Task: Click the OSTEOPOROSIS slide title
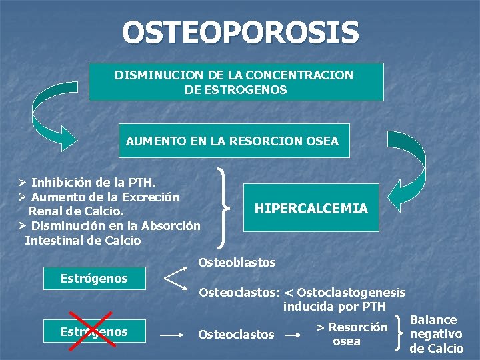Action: click(x=240, y=32)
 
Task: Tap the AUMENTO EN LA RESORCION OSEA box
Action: click(x=233, y=141)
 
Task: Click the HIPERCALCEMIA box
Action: click(x=311, y=208)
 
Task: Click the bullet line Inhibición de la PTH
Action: click(x=93, y=182)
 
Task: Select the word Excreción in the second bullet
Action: click(x=151, y=197)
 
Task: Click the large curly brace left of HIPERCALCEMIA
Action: click(x=225, y=208)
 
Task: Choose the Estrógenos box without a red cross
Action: click(x=94, y=278)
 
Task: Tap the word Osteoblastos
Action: click(x=237, y=263)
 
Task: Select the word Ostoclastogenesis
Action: click(x=351, y=293)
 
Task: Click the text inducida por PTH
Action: click(x=335, y=307)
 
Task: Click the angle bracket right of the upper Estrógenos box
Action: click(x=174, y=277)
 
